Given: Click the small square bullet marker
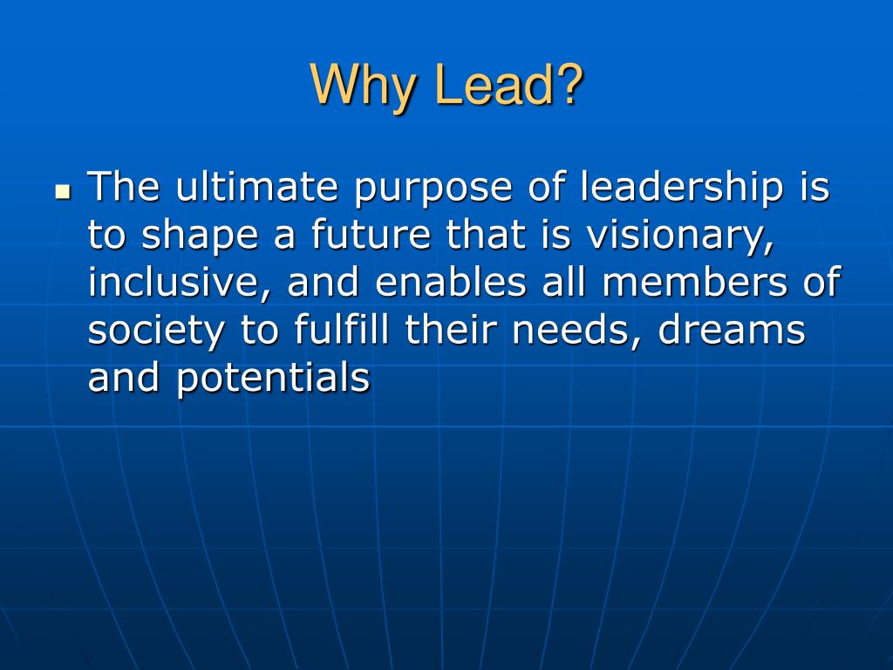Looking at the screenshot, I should [x=62, y=191].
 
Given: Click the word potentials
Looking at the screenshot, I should [x=274, y=379].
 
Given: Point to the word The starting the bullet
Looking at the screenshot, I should [x=123, y=188].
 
